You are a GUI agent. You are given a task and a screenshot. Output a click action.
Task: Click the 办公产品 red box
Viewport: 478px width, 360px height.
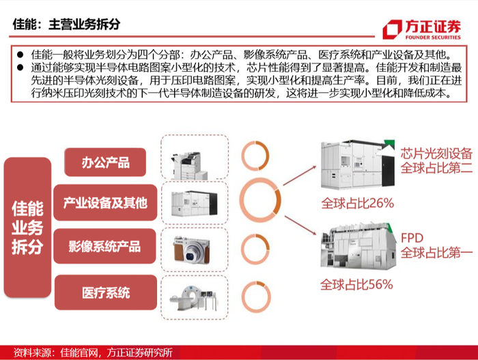[x=105, y=162]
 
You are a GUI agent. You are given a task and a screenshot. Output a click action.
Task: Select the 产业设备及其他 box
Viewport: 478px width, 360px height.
[x=105, y=202]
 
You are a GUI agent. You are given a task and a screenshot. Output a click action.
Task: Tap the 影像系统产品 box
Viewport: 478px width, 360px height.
[x=104, y=246]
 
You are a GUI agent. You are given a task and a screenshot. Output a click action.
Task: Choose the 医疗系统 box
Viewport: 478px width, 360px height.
[x=106, y=292]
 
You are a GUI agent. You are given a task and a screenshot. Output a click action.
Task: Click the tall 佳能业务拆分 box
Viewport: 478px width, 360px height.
[x=27, y=227]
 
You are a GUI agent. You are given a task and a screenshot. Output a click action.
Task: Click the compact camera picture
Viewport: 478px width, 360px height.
[x=192, y=249]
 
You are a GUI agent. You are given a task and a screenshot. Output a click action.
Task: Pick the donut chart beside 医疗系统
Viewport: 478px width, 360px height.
[x=243, y=297]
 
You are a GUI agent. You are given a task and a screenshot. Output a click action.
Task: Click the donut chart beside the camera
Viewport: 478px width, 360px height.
[x=242, y=249]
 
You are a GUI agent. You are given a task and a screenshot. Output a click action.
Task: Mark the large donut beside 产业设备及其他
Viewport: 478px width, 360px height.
[x=241, y=200]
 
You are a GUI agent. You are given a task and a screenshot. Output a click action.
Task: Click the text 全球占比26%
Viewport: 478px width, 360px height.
[x=358, y=203]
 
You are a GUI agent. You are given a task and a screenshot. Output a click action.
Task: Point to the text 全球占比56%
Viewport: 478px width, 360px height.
[x=356, y=284]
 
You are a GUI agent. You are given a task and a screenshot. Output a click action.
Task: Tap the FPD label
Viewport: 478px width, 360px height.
[x=412, y=238]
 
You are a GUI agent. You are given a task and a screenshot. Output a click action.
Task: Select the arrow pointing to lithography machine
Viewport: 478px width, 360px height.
[x=300, y=176]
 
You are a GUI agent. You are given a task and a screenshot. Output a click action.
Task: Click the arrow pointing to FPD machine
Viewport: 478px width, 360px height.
[x=300, y=225]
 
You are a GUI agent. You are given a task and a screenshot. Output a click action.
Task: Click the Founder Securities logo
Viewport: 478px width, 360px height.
[x=421, y=29]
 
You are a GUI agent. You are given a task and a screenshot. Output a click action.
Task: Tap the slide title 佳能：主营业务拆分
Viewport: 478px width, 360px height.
[x=66, y=24]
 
